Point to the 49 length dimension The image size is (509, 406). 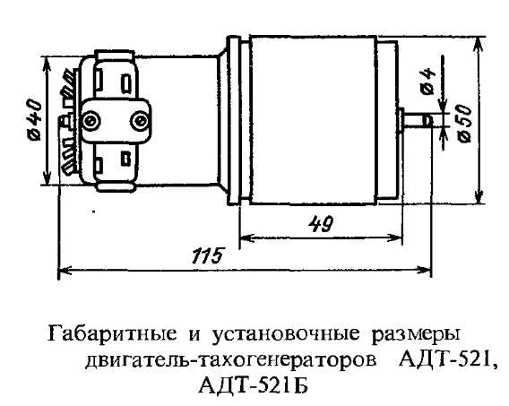click(x=321, y=225)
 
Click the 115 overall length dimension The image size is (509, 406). click(x=208, y=255)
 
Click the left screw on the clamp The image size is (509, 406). click(x=89, y=121)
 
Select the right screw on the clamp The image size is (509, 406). click(x=140, y=121)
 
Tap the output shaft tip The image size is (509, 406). click(x=428, y=120)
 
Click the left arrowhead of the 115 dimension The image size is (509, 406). click(x=65, y=270)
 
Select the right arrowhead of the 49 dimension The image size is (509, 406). click(x=395, y=238)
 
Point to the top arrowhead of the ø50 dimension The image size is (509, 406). click(x=478, y=45)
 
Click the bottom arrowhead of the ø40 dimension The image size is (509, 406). click(x=47, y=177)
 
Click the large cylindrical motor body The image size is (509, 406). click(x=314, y=120)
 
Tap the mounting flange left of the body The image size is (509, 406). click(x=234, y=120)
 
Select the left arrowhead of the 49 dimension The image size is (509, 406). click(x=246, y=238)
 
